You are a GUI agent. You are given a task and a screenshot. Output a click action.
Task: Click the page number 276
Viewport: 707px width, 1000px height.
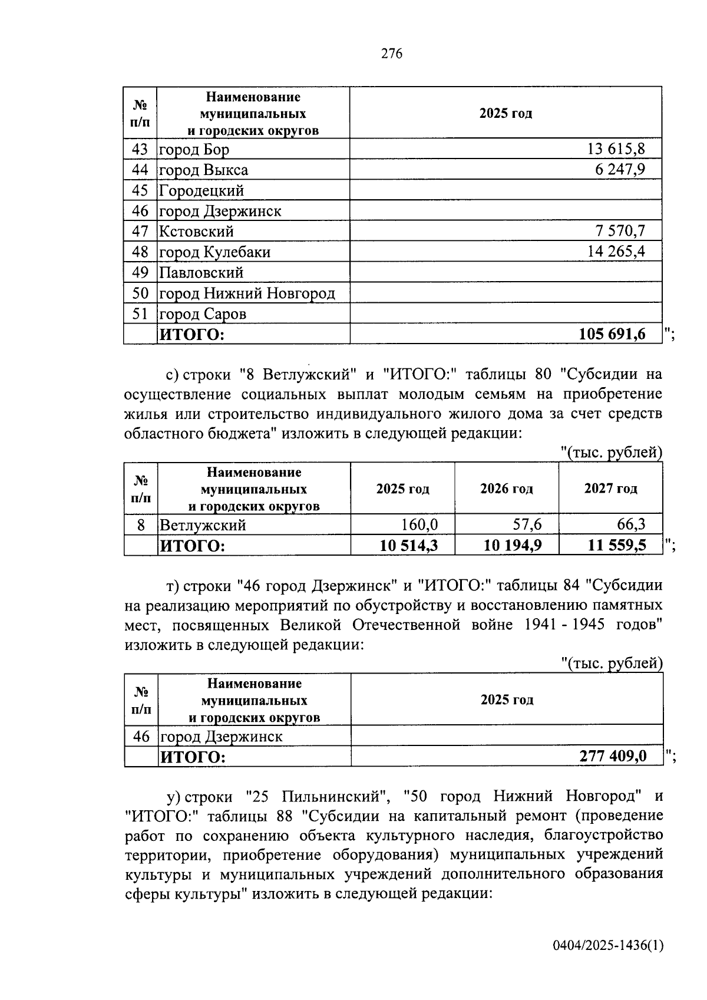(x=391, y=54)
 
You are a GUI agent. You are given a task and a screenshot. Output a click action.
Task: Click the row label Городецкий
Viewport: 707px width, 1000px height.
(x=201, y=190)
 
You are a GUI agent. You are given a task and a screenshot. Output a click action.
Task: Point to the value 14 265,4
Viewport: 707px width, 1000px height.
(x=616, y=252)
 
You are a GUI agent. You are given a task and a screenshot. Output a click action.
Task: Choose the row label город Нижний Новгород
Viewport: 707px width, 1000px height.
(x=247, y=293)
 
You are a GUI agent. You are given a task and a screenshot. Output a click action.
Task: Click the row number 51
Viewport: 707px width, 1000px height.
(x=140, y=313)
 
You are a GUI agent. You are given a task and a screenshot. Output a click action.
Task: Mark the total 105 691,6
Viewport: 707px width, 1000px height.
(x=612, y=334)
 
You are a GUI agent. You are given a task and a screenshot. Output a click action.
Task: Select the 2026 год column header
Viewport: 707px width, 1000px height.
(x=507, y=489)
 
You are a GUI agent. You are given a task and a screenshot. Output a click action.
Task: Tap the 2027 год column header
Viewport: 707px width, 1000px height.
(x=610, y=489)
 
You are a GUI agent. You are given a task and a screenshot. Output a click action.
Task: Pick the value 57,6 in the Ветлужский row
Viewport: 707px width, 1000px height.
(x=526, y=524)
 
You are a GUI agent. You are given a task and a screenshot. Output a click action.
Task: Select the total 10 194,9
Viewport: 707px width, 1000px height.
(x=512, y=546)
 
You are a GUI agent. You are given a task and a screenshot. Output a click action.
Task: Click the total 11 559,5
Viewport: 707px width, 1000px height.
(x=616, y=546)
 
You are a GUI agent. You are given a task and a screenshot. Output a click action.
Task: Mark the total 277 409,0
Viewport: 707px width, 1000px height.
(x=613, y=756)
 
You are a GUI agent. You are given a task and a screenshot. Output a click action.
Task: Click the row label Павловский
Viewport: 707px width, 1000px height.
(x=201, y=272)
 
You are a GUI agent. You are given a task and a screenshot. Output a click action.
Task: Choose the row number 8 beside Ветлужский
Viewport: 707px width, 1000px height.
(x=141, y=524)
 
